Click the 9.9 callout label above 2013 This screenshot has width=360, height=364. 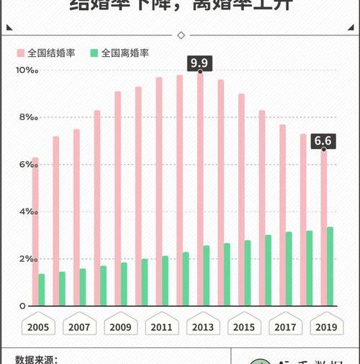[199, 64]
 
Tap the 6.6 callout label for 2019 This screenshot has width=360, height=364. [323, 140]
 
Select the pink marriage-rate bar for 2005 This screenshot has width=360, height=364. [35, 232]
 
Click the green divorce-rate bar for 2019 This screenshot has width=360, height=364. [330, 267]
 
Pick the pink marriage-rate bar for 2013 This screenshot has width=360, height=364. [199, 189]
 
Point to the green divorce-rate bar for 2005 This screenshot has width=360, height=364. [42, 290]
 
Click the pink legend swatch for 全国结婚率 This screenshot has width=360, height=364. [21, 53]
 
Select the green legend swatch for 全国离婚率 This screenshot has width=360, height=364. [94, 53]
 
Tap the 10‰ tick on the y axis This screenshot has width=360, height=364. [26, 70]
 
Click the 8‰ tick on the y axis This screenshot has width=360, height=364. [27, 117]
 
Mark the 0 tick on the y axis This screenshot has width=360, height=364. [22, 306]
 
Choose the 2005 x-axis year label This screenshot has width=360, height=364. [38, 327]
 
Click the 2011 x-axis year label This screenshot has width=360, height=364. [161, 327]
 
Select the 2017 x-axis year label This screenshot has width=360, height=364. [285, 327]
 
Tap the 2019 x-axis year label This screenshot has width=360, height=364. [326, 327]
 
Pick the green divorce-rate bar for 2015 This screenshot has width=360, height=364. [248, 273]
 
